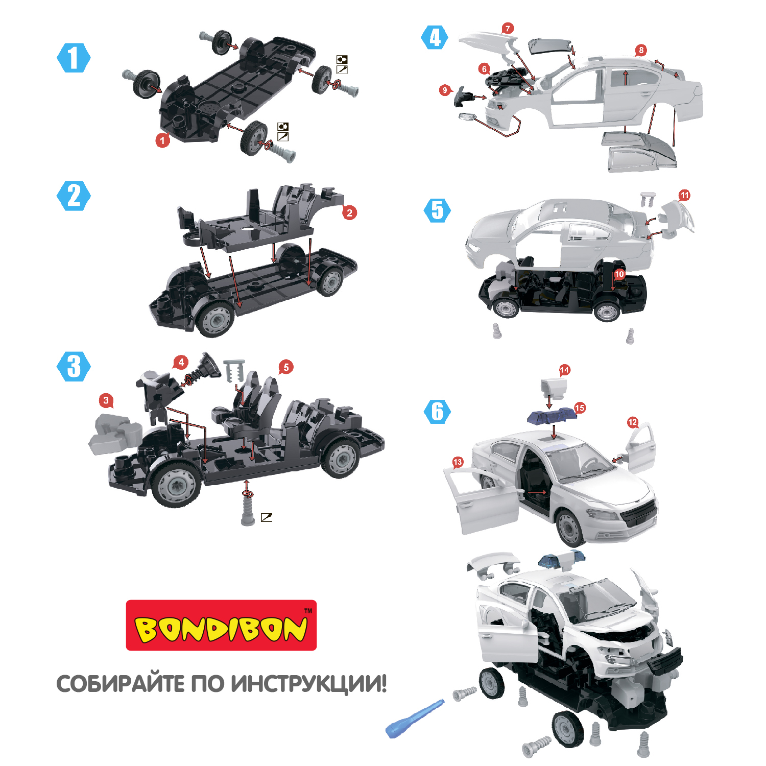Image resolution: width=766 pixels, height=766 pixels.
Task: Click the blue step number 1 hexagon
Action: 74,58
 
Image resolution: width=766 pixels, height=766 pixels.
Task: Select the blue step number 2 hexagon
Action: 74,196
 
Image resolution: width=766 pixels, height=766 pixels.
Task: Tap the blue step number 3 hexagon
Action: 74,366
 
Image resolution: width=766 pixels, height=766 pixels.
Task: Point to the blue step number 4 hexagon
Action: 435,37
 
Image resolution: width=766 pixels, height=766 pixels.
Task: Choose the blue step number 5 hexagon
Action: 438,210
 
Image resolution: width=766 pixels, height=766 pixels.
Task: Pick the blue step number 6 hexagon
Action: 438,412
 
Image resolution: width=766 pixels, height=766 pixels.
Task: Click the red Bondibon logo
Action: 221,625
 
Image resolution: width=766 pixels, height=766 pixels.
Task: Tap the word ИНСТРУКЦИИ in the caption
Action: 308,684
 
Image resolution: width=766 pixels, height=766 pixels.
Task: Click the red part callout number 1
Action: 163,139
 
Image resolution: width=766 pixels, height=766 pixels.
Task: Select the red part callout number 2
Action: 349,212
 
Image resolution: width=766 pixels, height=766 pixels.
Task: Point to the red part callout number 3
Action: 106,400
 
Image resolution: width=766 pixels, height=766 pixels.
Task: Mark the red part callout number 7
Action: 507,29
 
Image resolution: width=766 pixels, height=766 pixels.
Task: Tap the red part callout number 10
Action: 619,274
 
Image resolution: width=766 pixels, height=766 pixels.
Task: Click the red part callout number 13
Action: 458,462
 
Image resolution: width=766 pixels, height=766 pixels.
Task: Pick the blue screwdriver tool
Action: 414,718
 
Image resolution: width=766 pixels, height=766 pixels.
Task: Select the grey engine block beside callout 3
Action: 116,434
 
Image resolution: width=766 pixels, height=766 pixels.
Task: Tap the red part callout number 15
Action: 580,408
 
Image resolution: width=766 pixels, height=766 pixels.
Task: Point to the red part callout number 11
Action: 684,195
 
